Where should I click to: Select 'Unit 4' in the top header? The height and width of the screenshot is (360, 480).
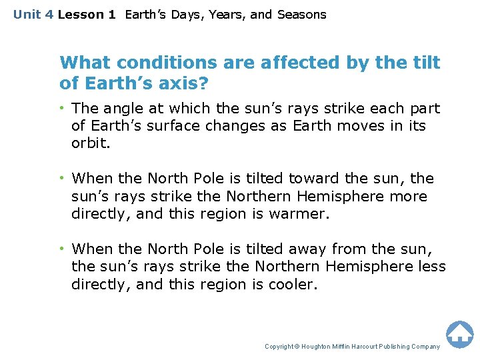pos(33,14)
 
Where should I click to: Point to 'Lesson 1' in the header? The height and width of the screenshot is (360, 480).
pos(87,14)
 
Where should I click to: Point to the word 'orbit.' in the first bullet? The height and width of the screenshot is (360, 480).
pos(90,143)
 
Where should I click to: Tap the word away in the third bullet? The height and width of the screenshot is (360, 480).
pos(312,249)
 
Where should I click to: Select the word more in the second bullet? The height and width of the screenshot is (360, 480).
pos(409,196)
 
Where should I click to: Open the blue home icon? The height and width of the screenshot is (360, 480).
pos(459,334)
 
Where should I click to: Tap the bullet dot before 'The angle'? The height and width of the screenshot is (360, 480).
pos(64,108)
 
